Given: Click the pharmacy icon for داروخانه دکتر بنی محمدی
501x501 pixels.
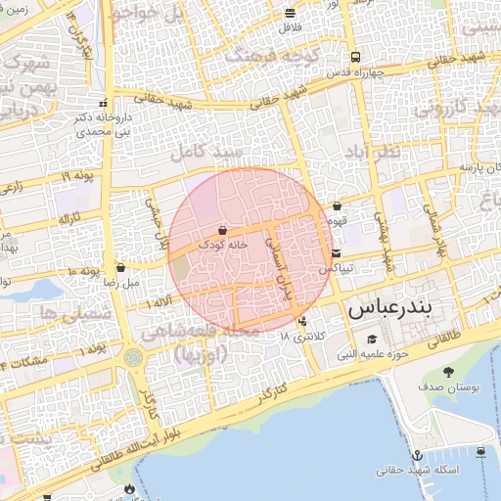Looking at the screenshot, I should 103,103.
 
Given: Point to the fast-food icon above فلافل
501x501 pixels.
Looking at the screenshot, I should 290,14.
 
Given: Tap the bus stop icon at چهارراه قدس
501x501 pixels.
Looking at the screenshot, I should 354,57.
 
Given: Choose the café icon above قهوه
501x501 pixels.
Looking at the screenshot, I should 338,206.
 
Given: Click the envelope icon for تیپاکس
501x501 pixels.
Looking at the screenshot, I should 336,253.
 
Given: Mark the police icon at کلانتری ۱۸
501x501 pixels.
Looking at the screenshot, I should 302,321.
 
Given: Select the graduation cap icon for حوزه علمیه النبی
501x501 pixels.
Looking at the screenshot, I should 373,339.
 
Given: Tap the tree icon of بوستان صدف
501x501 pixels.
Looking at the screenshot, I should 448,372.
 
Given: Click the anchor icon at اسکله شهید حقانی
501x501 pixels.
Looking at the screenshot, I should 417,455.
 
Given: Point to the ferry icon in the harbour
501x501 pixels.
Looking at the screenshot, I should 481,451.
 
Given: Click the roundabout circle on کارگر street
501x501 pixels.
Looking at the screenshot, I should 133,358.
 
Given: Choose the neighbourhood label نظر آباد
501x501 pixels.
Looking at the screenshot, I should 372,154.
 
